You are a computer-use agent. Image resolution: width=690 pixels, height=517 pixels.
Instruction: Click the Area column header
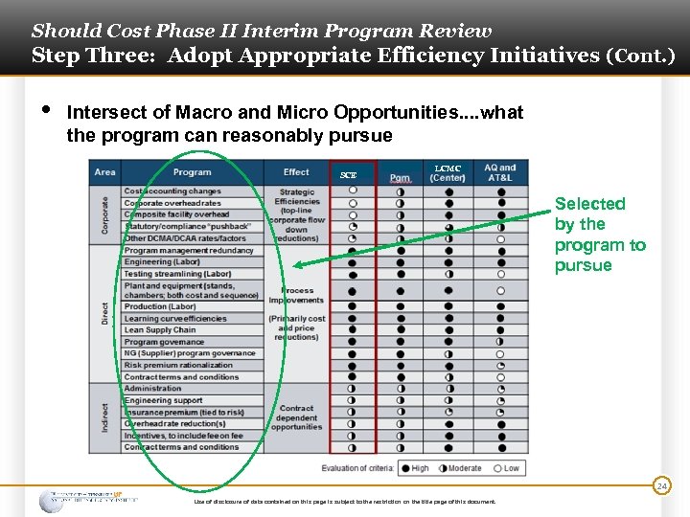point(105,172)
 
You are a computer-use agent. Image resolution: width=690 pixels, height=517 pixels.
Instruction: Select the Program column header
point(193,172)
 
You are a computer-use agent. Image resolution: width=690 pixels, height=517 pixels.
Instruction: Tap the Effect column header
point(296,172)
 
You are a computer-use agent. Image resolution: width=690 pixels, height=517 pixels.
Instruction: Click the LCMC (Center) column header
point(448,172)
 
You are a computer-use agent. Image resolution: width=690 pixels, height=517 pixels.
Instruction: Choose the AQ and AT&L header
point(500,172)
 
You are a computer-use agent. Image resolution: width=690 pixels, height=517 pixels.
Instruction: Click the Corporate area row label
point(104,214)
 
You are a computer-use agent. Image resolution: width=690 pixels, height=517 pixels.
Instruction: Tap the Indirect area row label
point(104,417)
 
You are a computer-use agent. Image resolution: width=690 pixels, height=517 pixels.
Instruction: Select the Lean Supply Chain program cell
point(160,330)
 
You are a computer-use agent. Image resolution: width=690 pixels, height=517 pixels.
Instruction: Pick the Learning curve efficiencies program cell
point(175,319)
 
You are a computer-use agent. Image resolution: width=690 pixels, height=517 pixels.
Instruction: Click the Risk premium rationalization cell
point(178,365)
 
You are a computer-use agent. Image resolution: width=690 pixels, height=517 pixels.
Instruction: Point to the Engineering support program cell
point(164,400)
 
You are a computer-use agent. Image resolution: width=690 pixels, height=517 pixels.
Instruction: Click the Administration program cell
point(152,389)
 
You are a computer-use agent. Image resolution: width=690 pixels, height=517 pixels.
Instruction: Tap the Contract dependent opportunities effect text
point(296,417)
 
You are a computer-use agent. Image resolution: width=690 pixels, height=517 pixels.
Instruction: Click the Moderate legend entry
point(461,468)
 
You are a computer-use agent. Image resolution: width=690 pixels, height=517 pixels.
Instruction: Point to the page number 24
point(662,486)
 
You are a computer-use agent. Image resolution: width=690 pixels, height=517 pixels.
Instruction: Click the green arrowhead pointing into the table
point(298,266)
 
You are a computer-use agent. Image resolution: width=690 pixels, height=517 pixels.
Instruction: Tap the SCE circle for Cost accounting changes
point(353,191)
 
